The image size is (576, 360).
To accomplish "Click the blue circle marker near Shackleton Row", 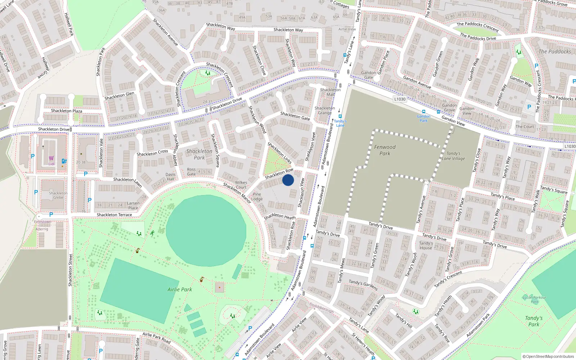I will (288, 180).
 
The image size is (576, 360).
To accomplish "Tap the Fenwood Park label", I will (384, 150).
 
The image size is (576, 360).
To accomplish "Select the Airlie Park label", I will (180, 289).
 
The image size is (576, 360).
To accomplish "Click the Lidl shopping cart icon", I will (51, 158).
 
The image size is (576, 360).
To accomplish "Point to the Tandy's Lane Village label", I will (453, 156).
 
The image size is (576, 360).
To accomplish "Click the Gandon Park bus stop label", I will (423, 118).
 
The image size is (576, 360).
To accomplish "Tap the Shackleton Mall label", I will (330, 92).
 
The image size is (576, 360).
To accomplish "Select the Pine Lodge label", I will (257, 197).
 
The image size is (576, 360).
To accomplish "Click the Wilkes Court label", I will (241, 185).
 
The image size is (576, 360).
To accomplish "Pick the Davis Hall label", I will (171, 176).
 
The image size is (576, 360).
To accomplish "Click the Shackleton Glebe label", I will (58, 195).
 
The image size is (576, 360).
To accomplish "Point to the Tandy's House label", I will (426, 246).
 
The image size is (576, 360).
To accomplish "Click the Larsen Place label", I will (133, 206).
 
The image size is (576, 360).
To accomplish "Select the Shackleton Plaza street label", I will (67, 111).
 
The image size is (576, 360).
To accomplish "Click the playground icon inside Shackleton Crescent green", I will (208, 73).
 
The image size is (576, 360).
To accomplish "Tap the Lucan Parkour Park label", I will (534, 300).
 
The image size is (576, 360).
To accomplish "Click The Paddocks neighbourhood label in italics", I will (554, 52).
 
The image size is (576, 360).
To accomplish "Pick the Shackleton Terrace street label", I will (114, 215).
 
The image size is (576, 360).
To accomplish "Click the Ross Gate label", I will (191, 172).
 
